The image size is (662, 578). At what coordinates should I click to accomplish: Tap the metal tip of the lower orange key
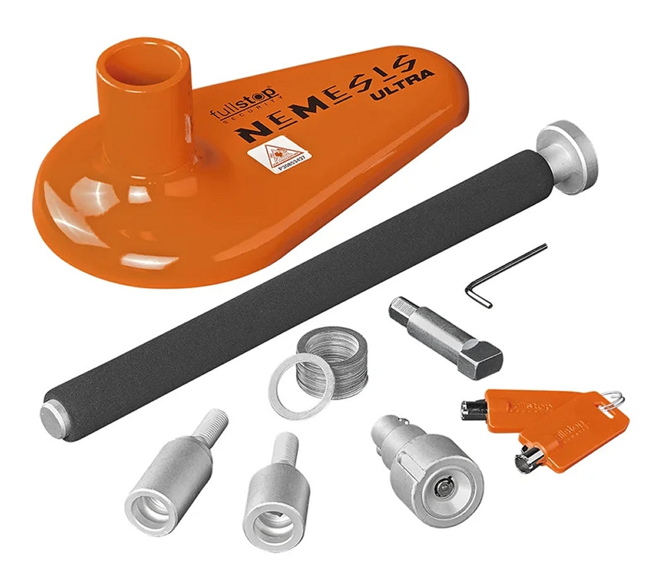[x=526, y=458]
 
